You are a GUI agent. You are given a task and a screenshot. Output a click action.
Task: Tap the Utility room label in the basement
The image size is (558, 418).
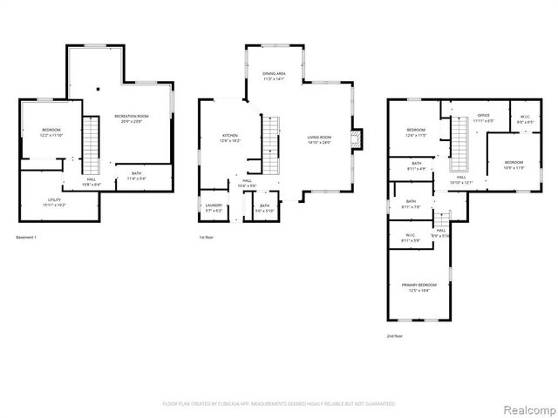(x=55, y=202)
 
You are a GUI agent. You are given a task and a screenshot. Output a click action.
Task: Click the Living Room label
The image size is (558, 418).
(x=319, y=138)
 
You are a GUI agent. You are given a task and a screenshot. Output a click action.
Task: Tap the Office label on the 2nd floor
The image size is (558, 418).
(x=485, y=118)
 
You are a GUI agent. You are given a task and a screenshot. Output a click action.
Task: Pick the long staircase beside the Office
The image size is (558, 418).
(x=459, y=144)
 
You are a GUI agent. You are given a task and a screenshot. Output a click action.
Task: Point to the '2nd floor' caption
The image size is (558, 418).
(x=395, y=334)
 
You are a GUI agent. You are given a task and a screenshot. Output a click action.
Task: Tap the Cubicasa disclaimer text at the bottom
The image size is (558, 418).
(x=279, y=404)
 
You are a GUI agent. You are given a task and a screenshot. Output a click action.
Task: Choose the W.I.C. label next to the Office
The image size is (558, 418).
(x=526, y=118)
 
